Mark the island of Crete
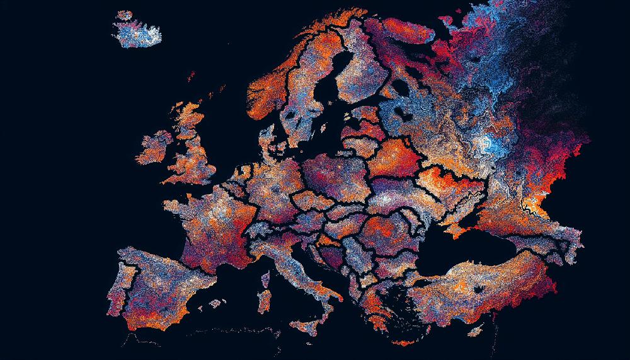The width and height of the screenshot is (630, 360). coord(403,340)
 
